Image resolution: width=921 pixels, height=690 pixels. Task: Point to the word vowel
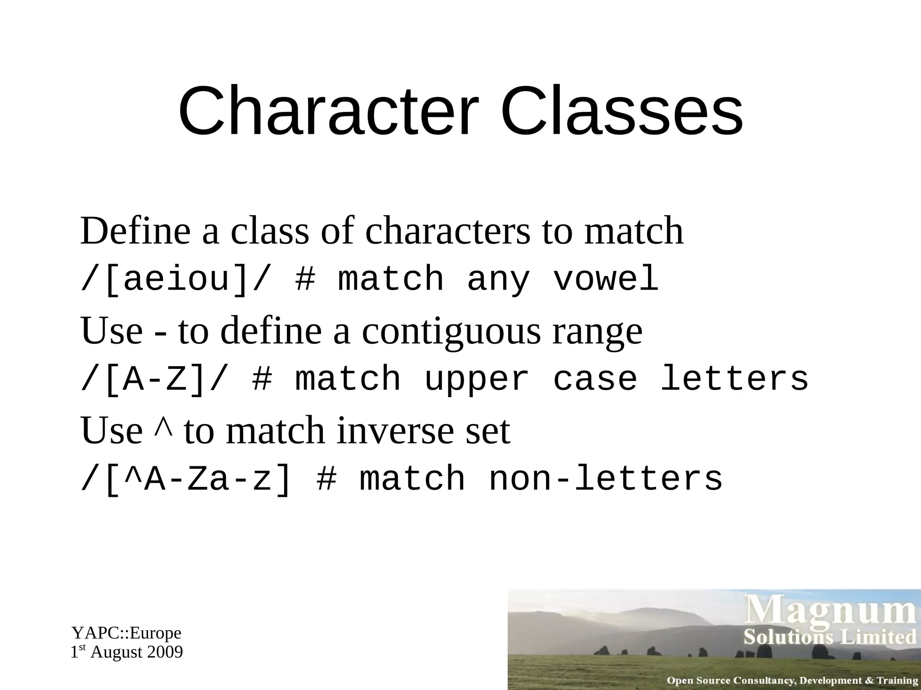coord(605,279)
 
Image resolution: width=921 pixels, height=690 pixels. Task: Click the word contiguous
coord(452,331)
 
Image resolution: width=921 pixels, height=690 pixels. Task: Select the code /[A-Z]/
coord(155,379)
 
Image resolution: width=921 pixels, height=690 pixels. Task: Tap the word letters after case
coord(734,379)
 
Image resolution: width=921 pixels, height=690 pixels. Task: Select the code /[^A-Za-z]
coord(187,479)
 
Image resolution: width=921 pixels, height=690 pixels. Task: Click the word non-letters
coord(605,479)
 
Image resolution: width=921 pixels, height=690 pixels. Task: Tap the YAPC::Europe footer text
coord(126,633)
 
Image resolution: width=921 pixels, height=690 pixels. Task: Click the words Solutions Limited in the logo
coord(830,637)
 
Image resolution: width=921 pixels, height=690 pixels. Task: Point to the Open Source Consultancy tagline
coord(792,681)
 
